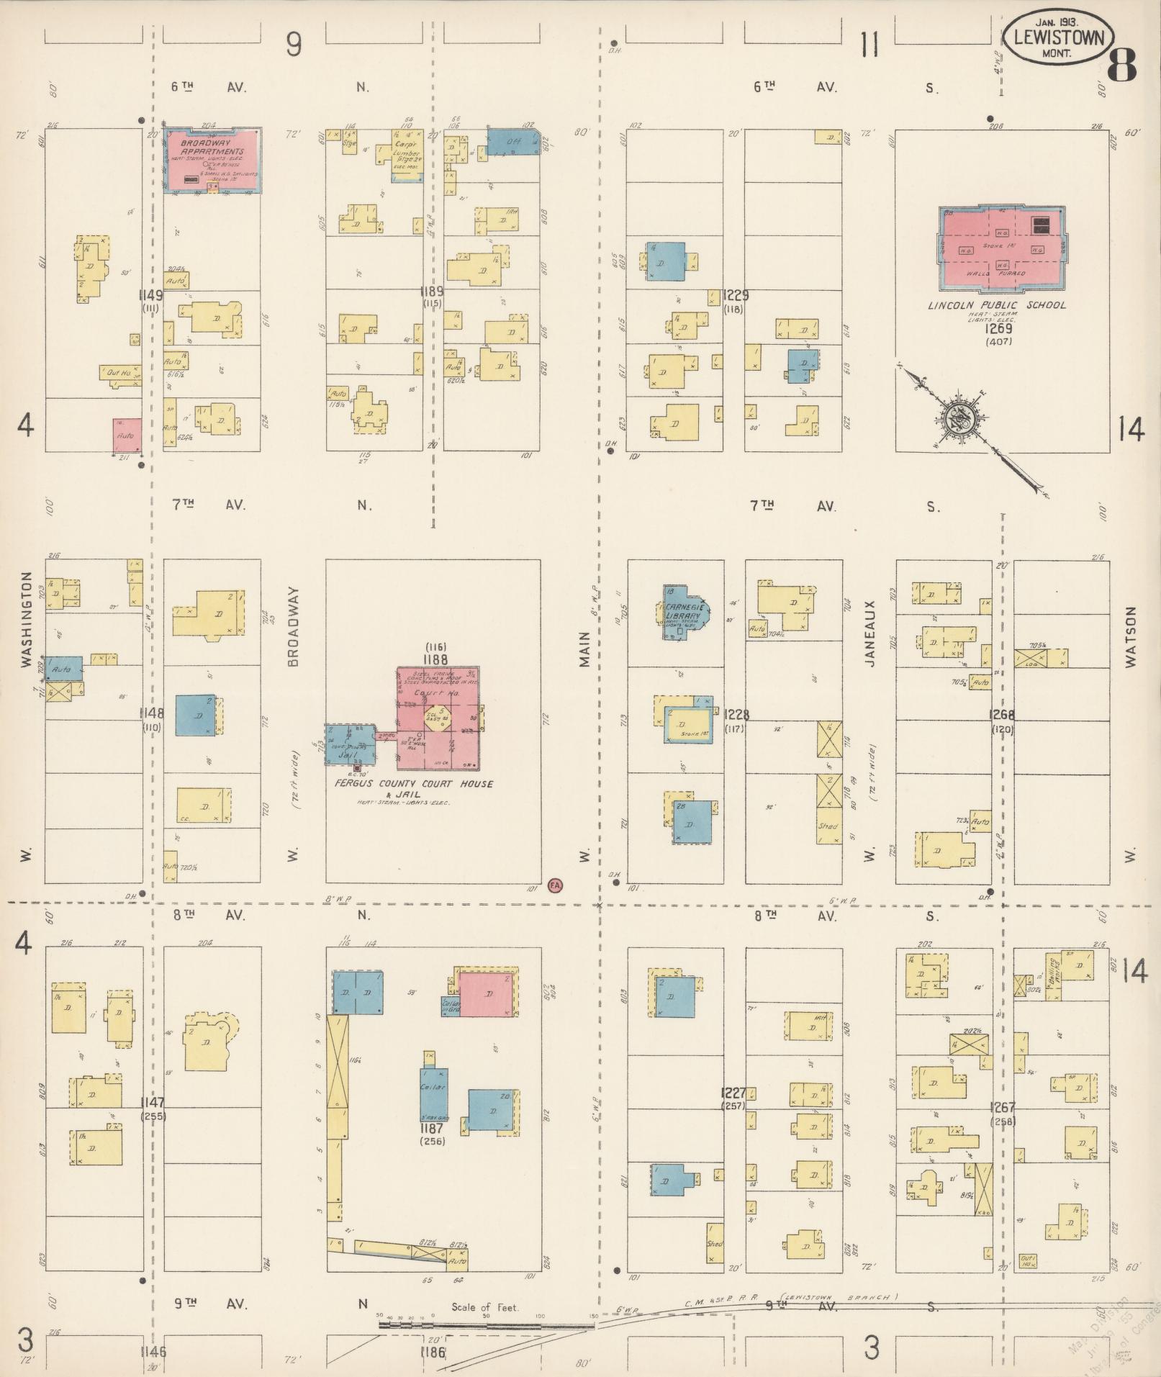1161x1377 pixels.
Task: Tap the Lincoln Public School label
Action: pos(996,305)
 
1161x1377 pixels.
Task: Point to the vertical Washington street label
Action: pos(27,620)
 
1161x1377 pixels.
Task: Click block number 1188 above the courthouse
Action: pos(435,659)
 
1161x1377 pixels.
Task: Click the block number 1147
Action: pos(153,1103)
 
